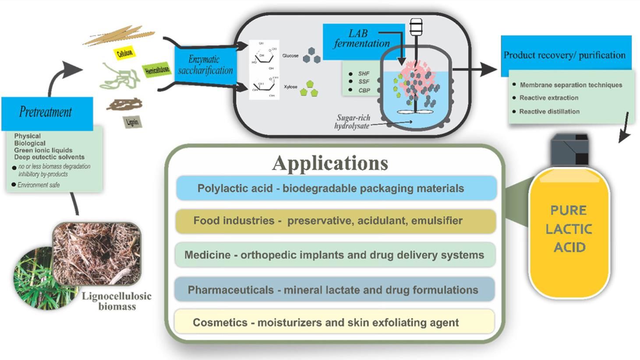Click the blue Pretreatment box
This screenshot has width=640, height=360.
pyautogui.click(x=47, y=113)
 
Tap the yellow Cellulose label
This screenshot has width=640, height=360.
pyautogui.click(x=125, y=53)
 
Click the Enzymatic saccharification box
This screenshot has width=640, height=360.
pyautogui.click(x=205, y=65)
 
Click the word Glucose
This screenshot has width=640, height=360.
pyautogui.click(x=290, y=56)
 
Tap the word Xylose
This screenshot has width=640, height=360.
pyautogui.click(x=290, y=87)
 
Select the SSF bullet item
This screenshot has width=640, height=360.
pyautogui.click(x=364, y=82)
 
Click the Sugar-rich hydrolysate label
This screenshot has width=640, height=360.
pyautogui.click(x=353, y=122)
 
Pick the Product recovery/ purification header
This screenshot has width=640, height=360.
pyautogui.click(x=565, y=55)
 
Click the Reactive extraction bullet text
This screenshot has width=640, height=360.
pyautogui.click(x=548, y=98)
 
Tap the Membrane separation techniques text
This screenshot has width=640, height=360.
pyautogui.click(x=571, y=85)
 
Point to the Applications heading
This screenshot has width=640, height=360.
pyautogui.click(x=330, y=163)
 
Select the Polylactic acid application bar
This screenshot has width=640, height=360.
pyautogui.click(x=336, y=188)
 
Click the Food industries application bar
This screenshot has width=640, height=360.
pyautogui.click(x=336, y=221)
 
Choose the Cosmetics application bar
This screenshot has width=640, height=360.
pyautogui.click(x=334, y=322)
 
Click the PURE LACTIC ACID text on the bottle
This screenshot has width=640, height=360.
pyautogui.click(x=569, y=229)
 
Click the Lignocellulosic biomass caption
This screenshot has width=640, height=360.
pyautogui.click(x=117, y=301)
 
